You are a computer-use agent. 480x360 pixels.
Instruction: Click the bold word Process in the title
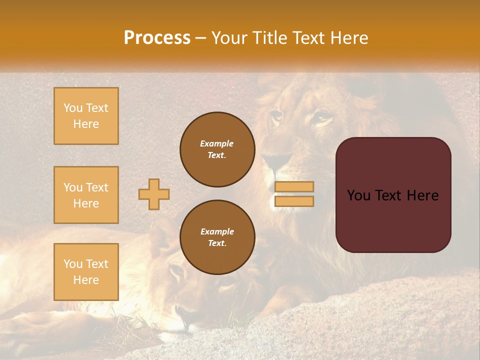pyautogui.click(x=157, y=38)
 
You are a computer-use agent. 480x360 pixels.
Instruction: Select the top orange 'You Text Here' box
pyautogui.click(x=86, y=116)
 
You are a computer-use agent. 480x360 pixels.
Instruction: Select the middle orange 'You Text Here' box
pyautogui.click(x=86, y=195)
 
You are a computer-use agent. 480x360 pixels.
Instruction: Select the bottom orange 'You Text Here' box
pyautogui.click(x=86, y=271)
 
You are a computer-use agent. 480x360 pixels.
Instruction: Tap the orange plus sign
pyautogui.click(x=154, y=194)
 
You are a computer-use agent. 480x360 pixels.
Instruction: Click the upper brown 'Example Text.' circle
pyautogui.click(x=217, y=149)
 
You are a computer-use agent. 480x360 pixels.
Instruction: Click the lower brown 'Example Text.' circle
pyautogui.click(x=217, y=237)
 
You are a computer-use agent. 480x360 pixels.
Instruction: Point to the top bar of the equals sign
pyautogui.click(x=294, y=187)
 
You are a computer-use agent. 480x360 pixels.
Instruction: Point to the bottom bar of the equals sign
pyautogui.click(x=294, y=201)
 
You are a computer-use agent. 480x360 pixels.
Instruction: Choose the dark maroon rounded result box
pyautogui.click(x=393, y=195)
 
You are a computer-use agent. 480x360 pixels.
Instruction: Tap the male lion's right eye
pyautogui.click(x=322, y=118)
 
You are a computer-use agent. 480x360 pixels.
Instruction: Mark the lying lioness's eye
pyautogui.click(x=176, y=271)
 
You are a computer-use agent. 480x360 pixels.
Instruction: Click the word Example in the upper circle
pyautogui.click(x=217, y=143)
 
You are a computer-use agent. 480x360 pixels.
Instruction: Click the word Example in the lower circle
pyautogui.click(x=217, y=231)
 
